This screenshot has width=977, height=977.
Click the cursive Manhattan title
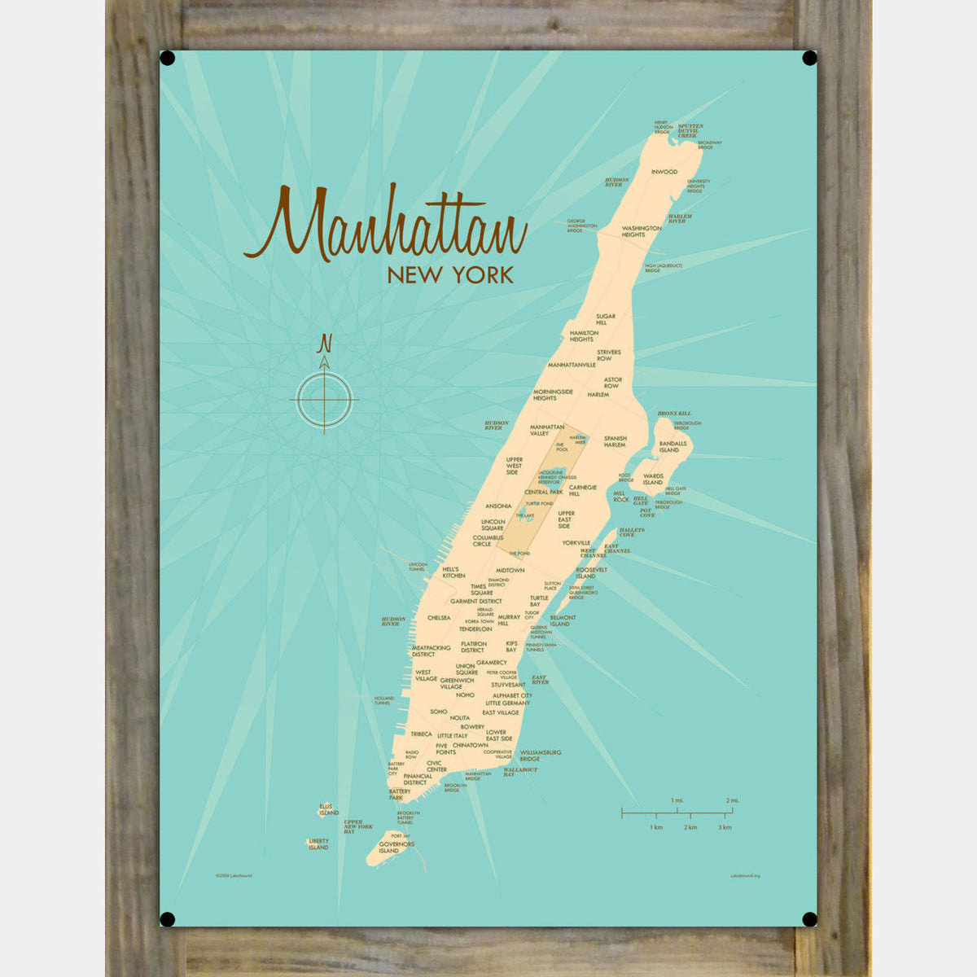384,225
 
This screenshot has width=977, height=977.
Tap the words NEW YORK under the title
450,275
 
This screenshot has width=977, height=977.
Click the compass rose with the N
324,399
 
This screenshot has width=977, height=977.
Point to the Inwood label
664,172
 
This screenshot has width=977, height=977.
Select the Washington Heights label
641,231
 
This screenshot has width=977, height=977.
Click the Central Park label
544,493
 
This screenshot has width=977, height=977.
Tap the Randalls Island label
668,446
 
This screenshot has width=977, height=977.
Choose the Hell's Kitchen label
454,572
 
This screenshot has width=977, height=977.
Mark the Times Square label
481,589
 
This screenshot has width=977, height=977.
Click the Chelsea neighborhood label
439,618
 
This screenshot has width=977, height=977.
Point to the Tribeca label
421,734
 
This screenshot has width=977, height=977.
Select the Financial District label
418,779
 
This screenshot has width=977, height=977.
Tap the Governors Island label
396,848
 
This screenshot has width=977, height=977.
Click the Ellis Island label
328,809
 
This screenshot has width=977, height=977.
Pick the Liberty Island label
318,844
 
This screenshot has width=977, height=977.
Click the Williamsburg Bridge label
541,756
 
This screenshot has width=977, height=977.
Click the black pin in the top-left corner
167,58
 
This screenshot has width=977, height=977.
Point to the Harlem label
598,395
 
